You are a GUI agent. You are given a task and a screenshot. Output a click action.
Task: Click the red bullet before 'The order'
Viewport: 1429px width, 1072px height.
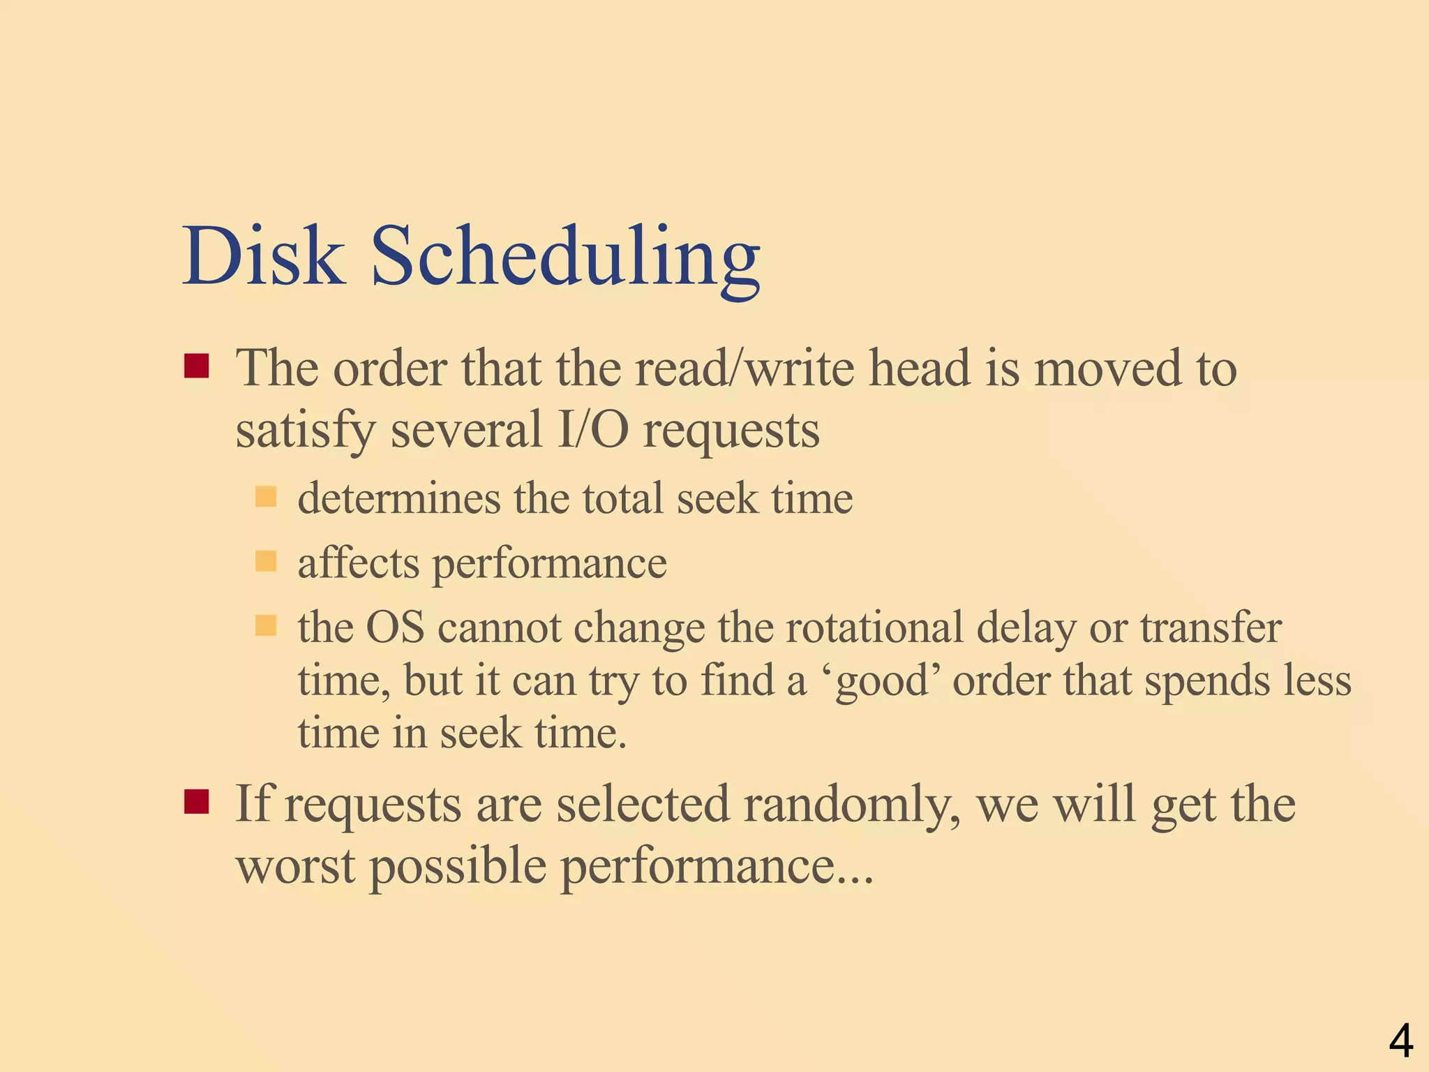(x=197, y=366)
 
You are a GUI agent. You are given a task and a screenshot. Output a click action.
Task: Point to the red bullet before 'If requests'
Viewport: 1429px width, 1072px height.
(x=197, y=803)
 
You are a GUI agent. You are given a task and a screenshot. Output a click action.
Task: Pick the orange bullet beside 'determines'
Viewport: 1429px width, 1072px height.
(x=266, y=498)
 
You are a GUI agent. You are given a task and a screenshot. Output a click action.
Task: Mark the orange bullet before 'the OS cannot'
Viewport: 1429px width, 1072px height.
(x=266, y=626)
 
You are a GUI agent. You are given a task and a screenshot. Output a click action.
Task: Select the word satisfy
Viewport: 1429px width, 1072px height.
(x=306, y=431)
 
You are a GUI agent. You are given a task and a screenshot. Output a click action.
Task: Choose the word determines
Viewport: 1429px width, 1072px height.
(x=399, y=498)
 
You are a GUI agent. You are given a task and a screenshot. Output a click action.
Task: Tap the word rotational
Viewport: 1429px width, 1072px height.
(x=875, y=627)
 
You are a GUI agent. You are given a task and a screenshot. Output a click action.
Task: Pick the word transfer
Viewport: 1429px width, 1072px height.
(x=1211, y=627)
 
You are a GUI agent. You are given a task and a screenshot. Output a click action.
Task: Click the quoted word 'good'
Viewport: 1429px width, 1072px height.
(x=883, y=681)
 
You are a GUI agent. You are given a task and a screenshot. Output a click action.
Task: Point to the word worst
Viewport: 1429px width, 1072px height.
(x=296, y=865)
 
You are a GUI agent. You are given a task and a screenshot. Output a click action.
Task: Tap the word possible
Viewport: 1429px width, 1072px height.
(x=458, y=867)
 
